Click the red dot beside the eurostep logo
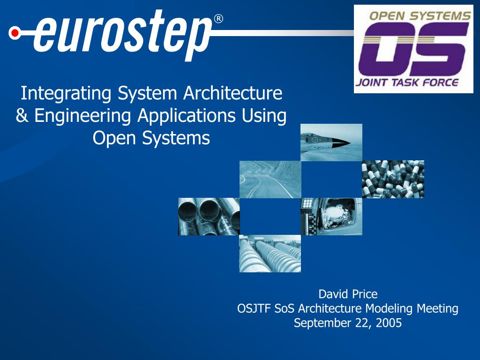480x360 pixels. coord(15,33)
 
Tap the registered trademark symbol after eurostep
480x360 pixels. coord(218,19)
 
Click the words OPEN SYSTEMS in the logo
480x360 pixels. coord(420,15)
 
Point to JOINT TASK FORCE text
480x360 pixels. coord(407,82)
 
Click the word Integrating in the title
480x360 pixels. coord(66,93)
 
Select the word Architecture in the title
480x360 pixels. coord(232,93)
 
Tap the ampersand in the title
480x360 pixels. coord(22,116)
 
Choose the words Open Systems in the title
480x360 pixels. coord(151,138)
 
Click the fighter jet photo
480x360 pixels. coord(331,142)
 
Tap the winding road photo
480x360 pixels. coord(270,180)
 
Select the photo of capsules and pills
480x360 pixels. coord(393,179)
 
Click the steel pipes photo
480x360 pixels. coord(209,217)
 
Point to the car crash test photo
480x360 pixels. coord(331,217)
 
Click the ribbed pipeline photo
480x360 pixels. coord(270,254)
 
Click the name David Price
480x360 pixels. coord(348,294)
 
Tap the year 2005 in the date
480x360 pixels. coord(389,322)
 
